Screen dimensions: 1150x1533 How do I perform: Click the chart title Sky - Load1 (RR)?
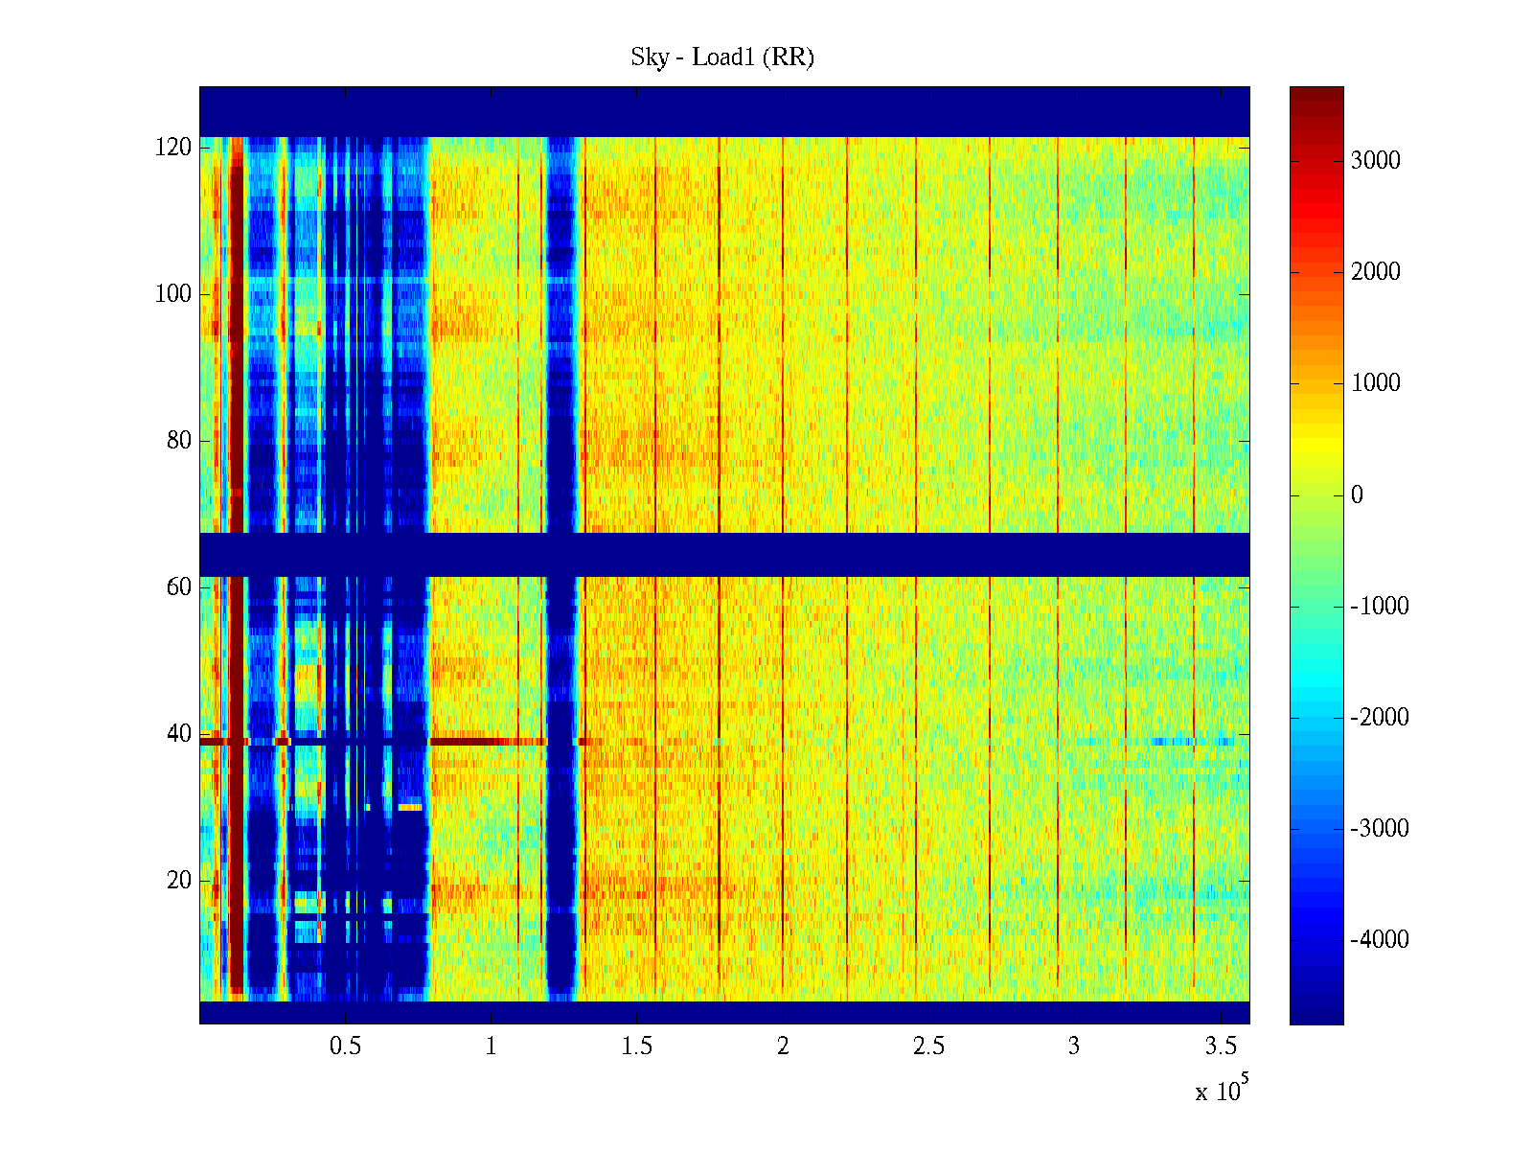click(722, 57)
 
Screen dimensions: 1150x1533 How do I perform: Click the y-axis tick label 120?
click(173, 148)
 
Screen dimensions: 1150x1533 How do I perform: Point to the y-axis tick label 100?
click(173, 294)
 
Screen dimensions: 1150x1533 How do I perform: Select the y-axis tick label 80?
click(179, 441)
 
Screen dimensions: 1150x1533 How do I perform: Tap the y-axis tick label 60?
click(179, 587)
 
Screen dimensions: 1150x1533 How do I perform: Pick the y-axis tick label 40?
click(179, 734)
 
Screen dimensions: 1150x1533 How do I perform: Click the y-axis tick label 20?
click(179, 881)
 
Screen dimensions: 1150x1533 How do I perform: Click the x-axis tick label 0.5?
click(345, 1046)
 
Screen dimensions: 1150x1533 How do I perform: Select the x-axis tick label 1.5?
click(637, 1046)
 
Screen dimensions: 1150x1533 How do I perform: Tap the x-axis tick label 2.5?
click(928, 1046)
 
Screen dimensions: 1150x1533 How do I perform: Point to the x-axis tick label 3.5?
click(1220, 1046)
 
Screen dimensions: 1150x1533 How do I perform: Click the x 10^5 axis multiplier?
click(1221, 1091)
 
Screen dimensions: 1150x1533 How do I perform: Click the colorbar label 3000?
click(1376, 161)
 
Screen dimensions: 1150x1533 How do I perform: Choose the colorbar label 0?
click(1357, 495)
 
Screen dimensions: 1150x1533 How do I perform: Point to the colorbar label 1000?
click(1376, 383)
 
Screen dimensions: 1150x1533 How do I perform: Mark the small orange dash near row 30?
click(410, 808)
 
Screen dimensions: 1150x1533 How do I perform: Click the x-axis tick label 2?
click(783, 1046)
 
